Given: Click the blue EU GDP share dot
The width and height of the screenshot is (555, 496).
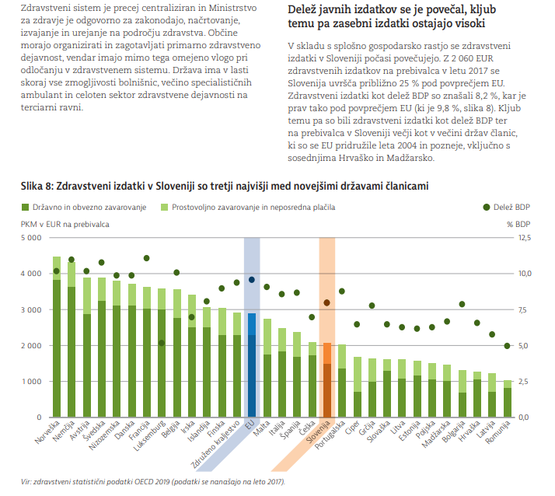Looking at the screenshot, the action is tap(252, 280).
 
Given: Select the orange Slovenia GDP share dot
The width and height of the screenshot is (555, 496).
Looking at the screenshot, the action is tap(326, 302).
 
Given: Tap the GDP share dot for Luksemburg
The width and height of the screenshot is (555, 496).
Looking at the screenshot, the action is tap(162, 343).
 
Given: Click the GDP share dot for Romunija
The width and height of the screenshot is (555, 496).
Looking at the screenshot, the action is tap(507, 346).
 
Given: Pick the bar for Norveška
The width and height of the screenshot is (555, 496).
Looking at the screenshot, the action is tap(57, 337).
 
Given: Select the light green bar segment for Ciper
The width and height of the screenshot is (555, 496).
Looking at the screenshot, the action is tap(358, 374).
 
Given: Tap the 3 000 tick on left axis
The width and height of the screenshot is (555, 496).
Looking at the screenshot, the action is tap(31, 309).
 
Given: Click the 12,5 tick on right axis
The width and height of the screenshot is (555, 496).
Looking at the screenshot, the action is tap(525, 238).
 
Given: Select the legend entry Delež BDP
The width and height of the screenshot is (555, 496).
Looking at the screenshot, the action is tap(507, 207).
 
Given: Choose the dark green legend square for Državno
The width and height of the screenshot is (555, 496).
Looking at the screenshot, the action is tap(25, 207).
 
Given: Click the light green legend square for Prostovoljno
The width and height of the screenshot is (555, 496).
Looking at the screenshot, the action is tap(164, 207).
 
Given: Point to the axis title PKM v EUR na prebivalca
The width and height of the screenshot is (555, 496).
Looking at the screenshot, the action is tap(65, 225).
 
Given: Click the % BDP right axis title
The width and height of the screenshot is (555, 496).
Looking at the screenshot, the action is tap(518, 225).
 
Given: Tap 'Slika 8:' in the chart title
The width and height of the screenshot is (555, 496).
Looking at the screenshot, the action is tap(37, 186).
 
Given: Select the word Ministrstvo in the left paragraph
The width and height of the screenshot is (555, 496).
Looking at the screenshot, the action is tap(233, 8).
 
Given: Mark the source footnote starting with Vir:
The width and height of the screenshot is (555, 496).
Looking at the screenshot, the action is tap(153, 482).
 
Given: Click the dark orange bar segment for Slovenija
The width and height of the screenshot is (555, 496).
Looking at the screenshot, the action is tap(327, 390).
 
